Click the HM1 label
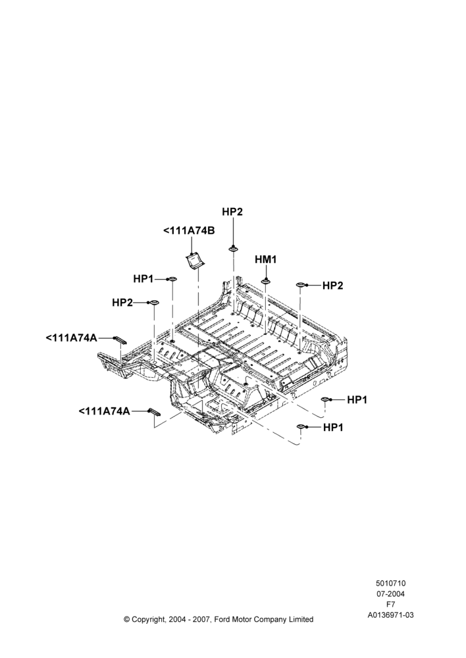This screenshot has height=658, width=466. [266, 260]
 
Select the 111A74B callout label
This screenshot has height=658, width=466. [189, 231]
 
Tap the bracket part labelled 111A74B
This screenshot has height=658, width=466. [195, 261]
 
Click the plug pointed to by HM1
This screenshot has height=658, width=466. [266, 281]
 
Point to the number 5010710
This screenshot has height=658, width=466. [390, 583]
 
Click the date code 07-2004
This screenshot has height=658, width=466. [390, 594]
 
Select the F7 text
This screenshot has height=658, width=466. [390, 605]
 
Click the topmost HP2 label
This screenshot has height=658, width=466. [232, 213]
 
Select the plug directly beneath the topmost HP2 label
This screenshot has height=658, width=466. [232, 249]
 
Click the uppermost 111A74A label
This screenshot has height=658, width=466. [71, 338]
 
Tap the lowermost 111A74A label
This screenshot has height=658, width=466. [104, 411]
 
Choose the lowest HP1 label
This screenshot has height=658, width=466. [333, 428]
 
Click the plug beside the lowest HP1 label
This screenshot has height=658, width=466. [301, 427]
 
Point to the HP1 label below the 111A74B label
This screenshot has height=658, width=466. [143, 278]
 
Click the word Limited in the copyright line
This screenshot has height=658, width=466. [301, 619]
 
